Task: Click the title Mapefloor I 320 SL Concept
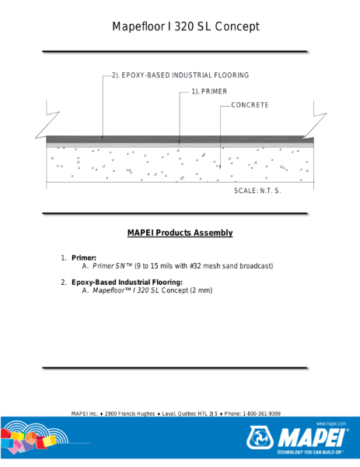185,27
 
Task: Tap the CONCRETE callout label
250,104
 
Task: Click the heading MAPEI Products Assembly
180,233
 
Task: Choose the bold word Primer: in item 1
84,257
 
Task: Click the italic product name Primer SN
111,266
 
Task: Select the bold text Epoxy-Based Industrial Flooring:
127,282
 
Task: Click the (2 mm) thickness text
201,290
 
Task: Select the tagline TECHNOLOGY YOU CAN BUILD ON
306,452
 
